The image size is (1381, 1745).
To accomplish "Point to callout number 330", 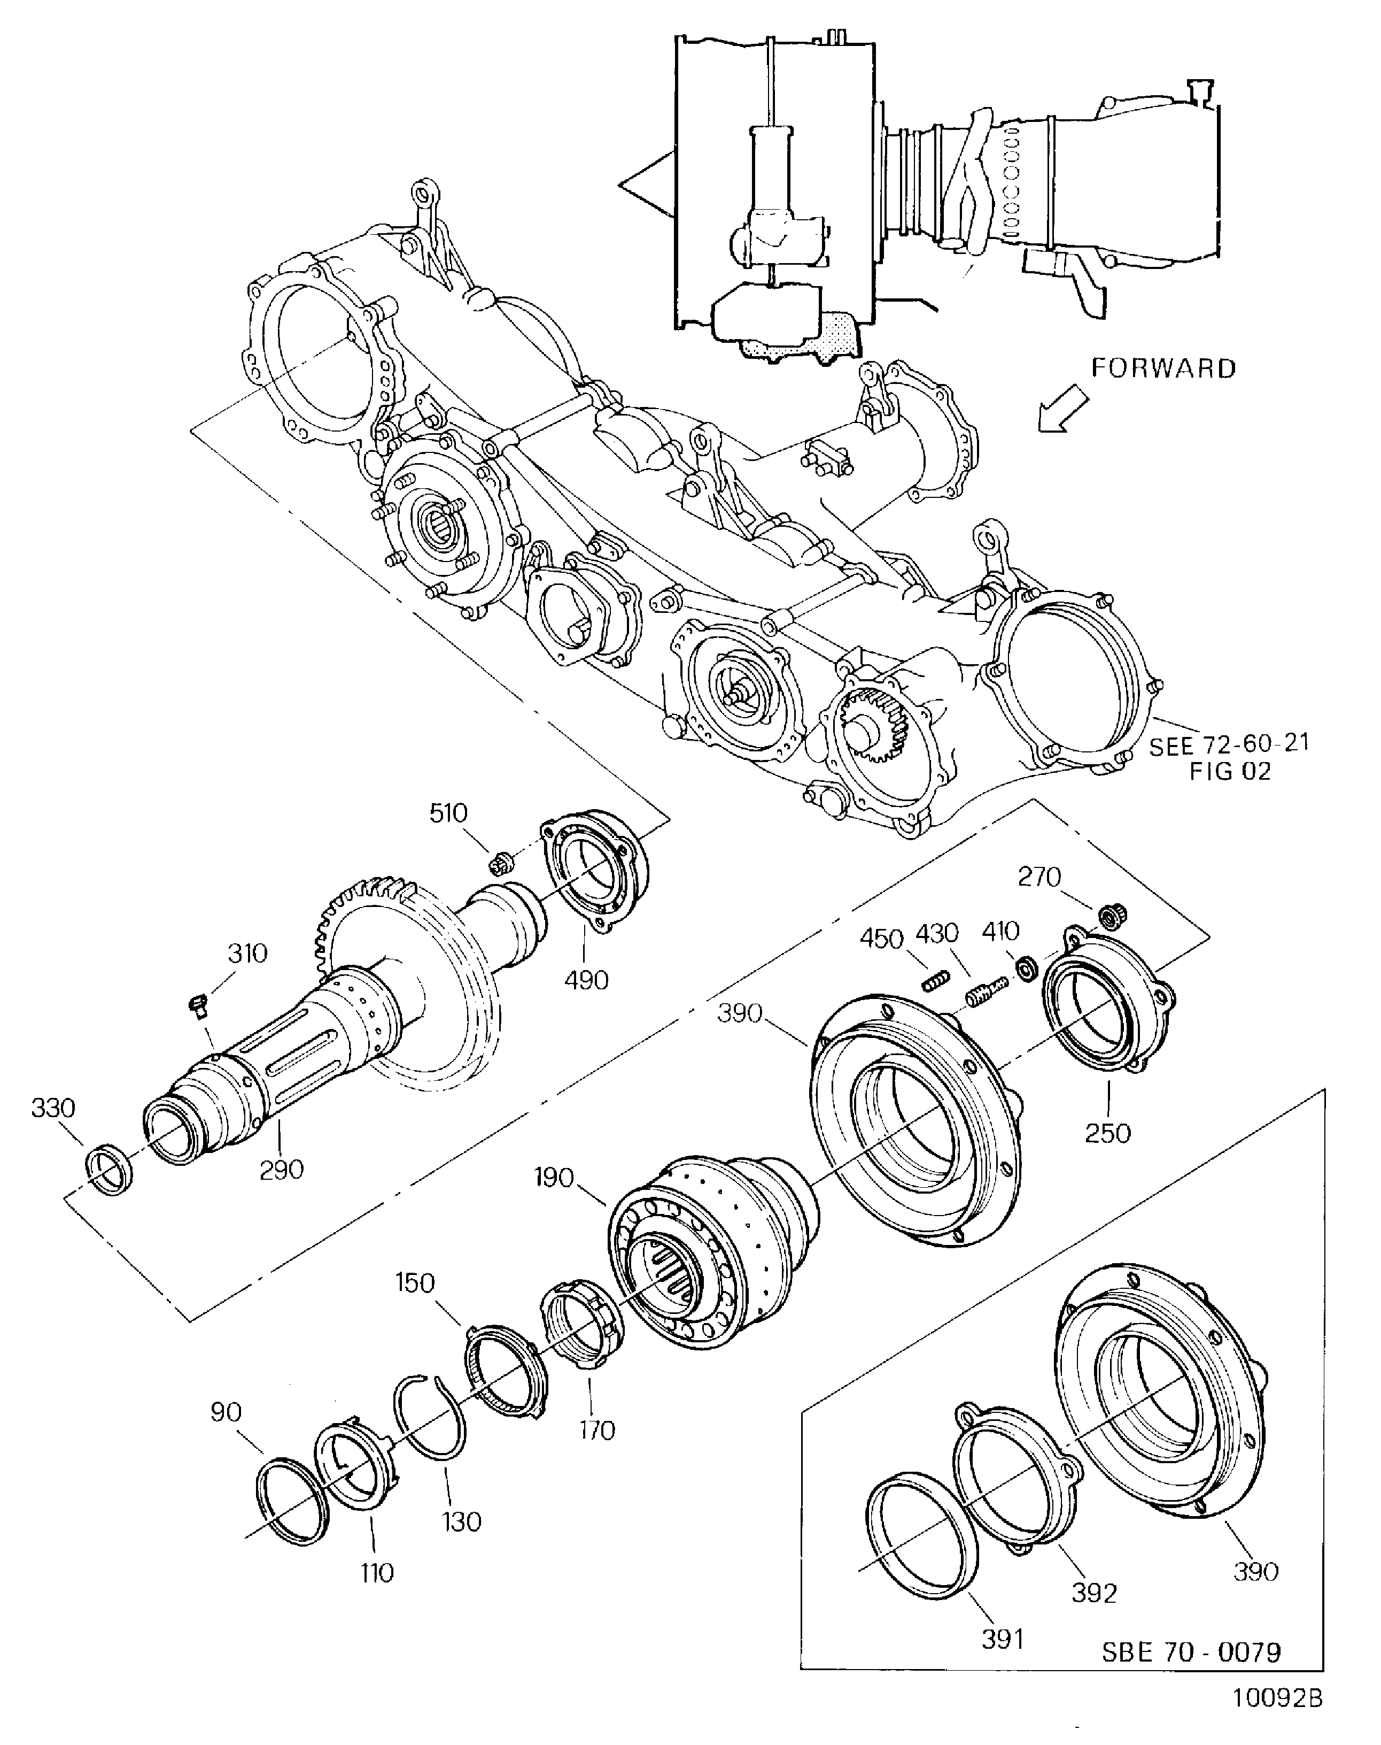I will (53, 1108).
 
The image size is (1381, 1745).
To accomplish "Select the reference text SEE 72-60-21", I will (1229, 745).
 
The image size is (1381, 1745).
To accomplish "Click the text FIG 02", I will (1229, 772).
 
